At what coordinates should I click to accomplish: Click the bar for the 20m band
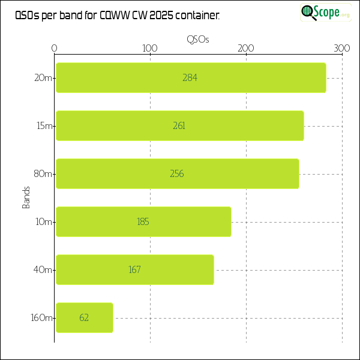pyautogui.click(x=191, y=77)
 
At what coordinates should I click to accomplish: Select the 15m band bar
pyautogui.click(x=179, y=125)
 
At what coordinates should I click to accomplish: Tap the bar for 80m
pyautogui.click(x=177, y=173)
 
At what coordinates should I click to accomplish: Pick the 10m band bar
pyautogui.click(x=143, y=221)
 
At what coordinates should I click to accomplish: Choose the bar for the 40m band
pyautogui.click(x=134, y=269)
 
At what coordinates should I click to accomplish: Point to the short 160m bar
pyautogui.click(x=84, y=317)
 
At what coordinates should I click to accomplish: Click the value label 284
pyautogui.click(x=190, y=77)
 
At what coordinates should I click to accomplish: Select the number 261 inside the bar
pyautogui.click(x=179, y=125)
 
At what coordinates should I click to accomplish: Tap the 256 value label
pyautogui.click(x=177, y=173)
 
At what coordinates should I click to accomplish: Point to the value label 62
pyautogui.click(x=84, y=317)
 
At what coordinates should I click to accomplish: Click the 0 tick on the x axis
pyautogui.click(x=55, y=48)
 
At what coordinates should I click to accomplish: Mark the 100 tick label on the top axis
pyautogui.click(x=150, y=48)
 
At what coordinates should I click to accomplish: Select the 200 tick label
pyautogui.click(x=246, y=48)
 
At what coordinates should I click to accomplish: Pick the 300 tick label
pyautogui.click(x=341, y=48)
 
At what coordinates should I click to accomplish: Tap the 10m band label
pyautogui.click(x=44, y=221)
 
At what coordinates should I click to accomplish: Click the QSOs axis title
pyautogui.click(x=198, y=39)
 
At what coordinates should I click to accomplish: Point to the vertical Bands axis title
pyautogui.click(x=26, y=197)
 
